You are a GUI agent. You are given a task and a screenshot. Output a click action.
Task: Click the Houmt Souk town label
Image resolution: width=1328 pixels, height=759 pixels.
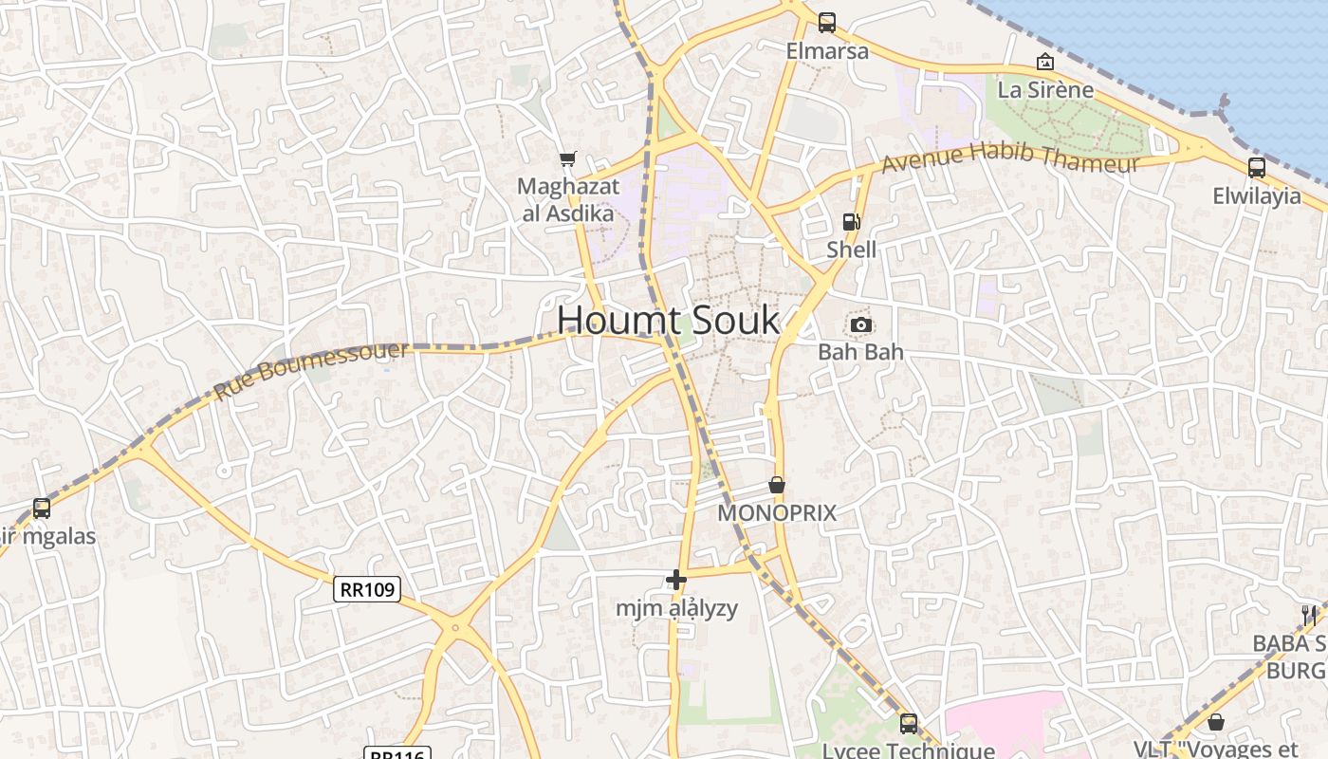(668, 321)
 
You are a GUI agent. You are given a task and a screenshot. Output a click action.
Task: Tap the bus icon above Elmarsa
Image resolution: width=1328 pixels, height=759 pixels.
(827, 22)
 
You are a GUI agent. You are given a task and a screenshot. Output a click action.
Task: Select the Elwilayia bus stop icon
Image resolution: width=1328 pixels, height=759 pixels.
(1257, 168)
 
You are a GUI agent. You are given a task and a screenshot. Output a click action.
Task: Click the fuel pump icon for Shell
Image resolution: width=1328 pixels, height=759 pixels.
(851, 222)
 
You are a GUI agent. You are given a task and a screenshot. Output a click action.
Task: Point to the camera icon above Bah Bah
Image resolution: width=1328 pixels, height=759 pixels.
(860, 324)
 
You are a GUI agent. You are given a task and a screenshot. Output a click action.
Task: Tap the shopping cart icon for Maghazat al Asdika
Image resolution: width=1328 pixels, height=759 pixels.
(567, 158)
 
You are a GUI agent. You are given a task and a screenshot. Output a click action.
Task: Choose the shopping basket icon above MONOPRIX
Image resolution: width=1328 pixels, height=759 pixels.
(777, 485)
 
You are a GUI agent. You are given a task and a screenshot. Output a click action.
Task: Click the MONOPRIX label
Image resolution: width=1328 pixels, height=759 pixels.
(777, 513)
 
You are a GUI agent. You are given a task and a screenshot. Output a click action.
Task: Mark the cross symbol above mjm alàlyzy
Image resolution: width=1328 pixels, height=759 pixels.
(675, 579)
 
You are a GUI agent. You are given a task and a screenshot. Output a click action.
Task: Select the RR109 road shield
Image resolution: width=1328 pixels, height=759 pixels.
(367, 589)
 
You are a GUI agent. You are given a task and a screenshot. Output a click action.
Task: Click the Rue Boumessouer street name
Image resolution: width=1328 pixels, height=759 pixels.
(311, 370)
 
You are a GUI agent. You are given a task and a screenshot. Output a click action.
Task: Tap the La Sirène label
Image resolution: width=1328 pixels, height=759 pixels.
(1045, 90)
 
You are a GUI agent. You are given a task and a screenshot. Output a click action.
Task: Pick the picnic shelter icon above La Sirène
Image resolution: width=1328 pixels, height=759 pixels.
(1045, 62)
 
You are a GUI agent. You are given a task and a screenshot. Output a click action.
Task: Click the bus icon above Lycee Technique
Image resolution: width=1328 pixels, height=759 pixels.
(909, 724)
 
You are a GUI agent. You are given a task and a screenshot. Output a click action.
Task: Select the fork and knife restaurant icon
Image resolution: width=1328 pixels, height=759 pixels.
(1309, 615)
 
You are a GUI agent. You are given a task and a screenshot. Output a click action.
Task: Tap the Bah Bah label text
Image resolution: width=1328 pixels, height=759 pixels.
(860, 352)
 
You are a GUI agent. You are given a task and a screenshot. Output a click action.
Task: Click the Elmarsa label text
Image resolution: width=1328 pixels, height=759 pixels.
(827, 51)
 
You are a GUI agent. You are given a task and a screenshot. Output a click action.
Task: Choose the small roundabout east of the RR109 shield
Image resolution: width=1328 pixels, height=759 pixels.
(456, 627)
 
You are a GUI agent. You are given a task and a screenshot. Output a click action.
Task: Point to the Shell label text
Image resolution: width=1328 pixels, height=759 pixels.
(851, 250)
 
